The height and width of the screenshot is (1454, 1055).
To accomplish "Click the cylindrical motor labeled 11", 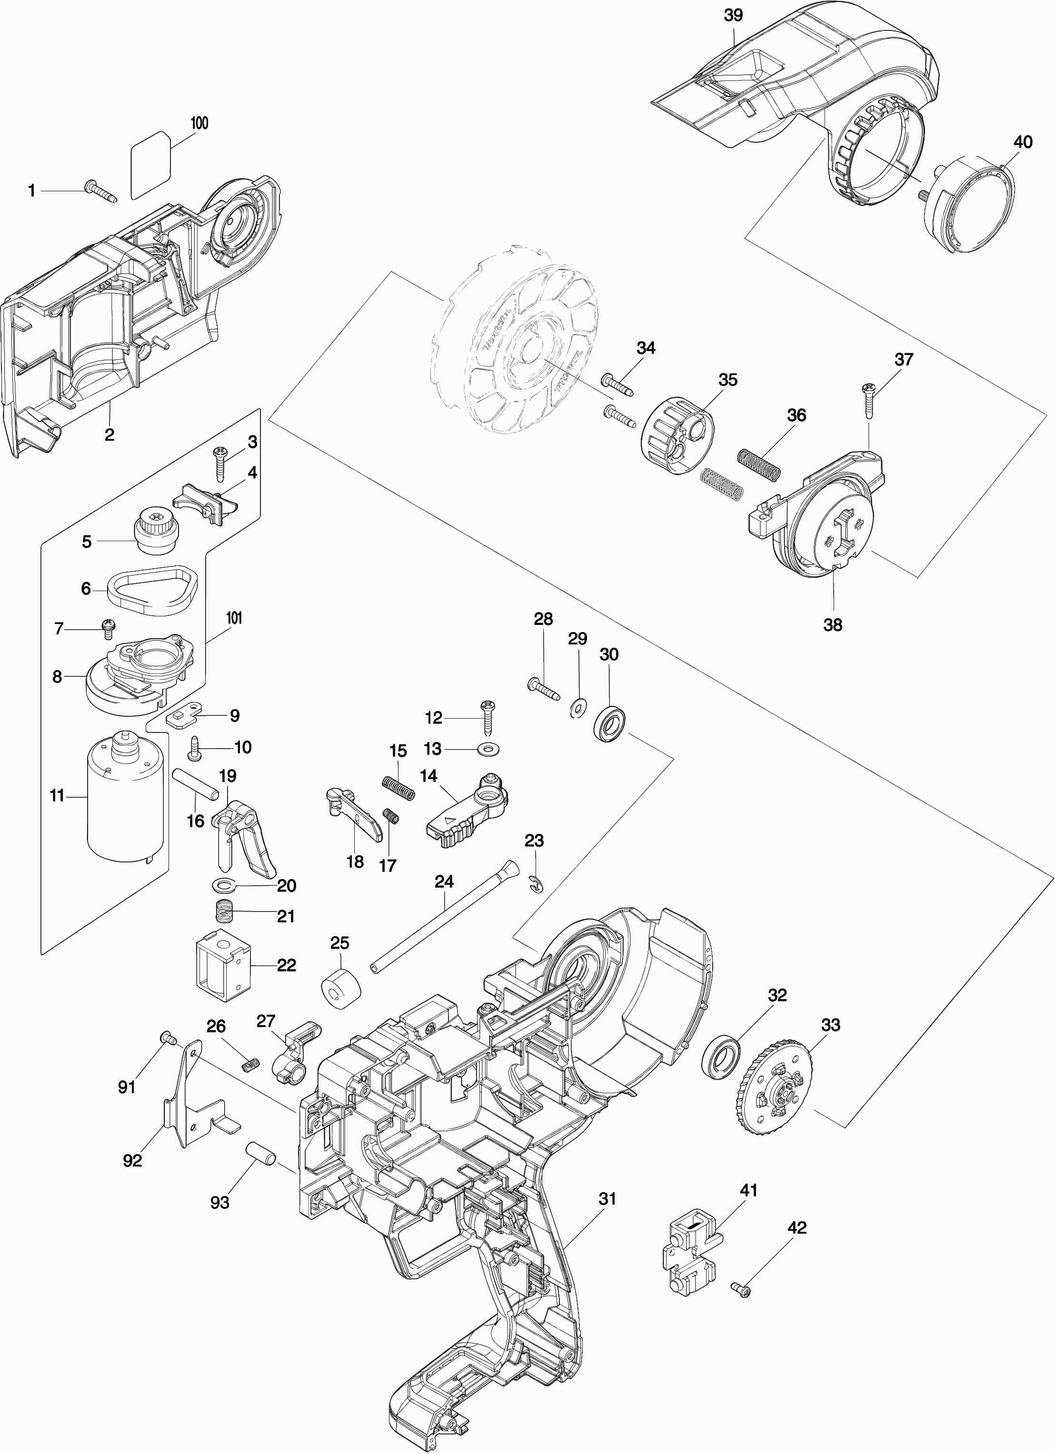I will point(122,798).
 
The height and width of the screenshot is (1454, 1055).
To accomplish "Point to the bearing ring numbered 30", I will point(612,723).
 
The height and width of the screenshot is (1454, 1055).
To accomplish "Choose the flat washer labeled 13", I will point(488,748).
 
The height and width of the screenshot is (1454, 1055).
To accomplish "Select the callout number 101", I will point(234,619).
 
